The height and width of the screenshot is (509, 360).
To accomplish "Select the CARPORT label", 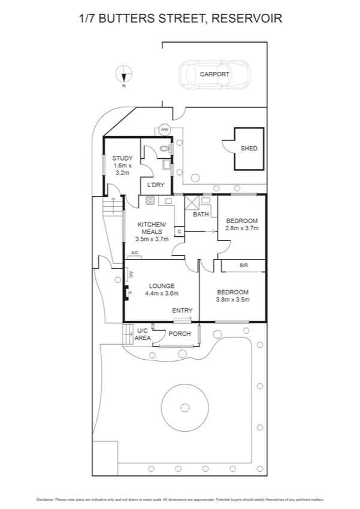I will (x=214, y=74).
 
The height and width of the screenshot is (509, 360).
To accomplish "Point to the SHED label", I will (x=249, y=148).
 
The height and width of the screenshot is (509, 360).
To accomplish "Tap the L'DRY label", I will (x=155, y=185).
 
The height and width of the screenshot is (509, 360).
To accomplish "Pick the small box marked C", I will (x=179, y=231).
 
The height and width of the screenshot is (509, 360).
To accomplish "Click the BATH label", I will (x=201, y=214).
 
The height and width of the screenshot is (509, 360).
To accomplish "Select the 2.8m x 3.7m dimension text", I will (x=241, y=228).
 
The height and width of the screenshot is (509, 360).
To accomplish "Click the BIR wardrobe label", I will (x=243, y=265).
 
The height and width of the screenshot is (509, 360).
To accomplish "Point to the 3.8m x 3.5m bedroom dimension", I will (x=233, y=300).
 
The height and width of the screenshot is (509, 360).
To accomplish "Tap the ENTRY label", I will (x=182, y=311).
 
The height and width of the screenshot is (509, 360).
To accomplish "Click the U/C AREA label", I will (x=143, y=335).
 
